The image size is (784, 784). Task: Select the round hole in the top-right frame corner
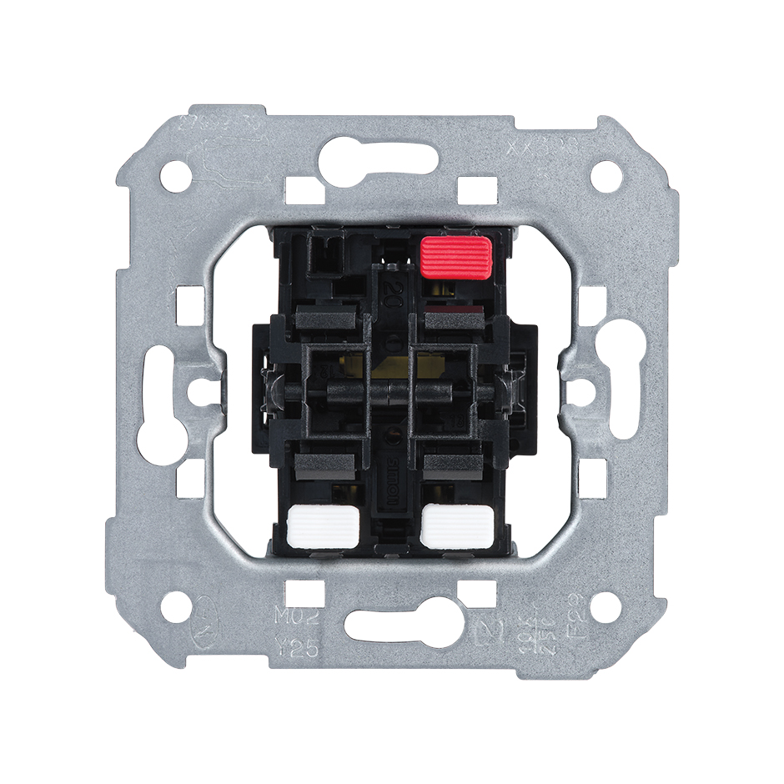[608, 174]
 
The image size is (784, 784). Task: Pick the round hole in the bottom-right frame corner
[608, 607]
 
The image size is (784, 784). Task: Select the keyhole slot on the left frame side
[158, 390]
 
